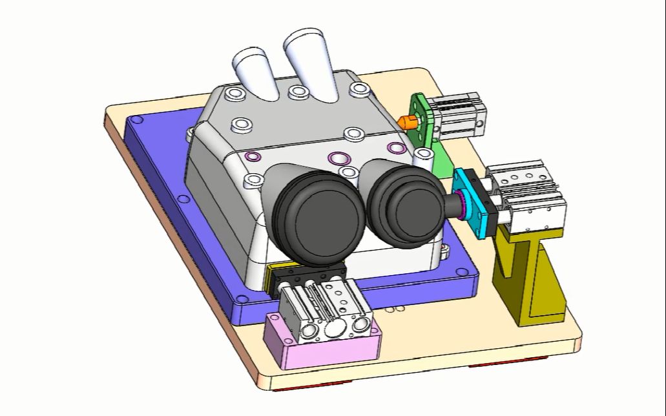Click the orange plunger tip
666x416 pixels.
pyautogui.click(x=405, y=121)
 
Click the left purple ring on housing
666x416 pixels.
pyautogui.click(x=253, y=156)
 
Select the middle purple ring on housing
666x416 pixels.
pyautogui.click(x=337, y=158)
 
